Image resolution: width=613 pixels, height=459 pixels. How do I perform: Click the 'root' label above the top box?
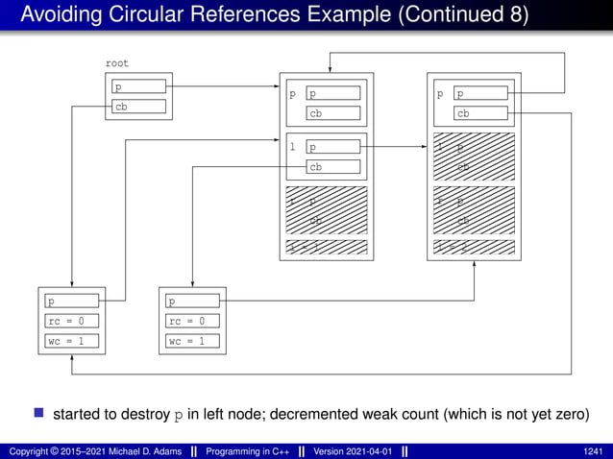click(x=116, y=63)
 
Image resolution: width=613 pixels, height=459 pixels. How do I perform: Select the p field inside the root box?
click(x=139, y=87)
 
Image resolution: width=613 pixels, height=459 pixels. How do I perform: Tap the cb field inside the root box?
click(x=139, y=107)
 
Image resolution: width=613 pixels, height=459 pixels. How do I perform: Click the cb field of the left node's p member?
click(x=332, y=114)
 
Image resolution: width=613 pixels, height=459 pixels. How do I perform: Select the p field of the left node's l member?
click(x=332, y=148)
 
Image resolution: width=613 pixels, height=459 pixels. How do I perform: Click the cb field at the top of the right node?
click(x=480, y=114)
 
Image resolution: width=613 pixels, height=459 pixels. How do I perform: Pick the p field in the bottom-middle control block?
click(x=192, y=302)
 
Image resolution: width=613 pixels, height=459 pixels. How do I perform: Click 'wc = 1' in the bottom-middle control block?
click(x=192, y=341)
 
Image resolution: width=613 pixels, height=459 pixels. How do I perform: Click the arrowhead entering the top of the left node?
click(x=331, y=70)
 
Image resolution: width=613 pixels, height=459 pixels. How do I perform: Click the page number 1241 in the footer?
click(x=595, y=450)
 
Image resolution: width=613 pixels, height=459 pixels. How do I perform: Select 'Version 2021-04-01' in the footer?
click(x=352, y=450)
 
